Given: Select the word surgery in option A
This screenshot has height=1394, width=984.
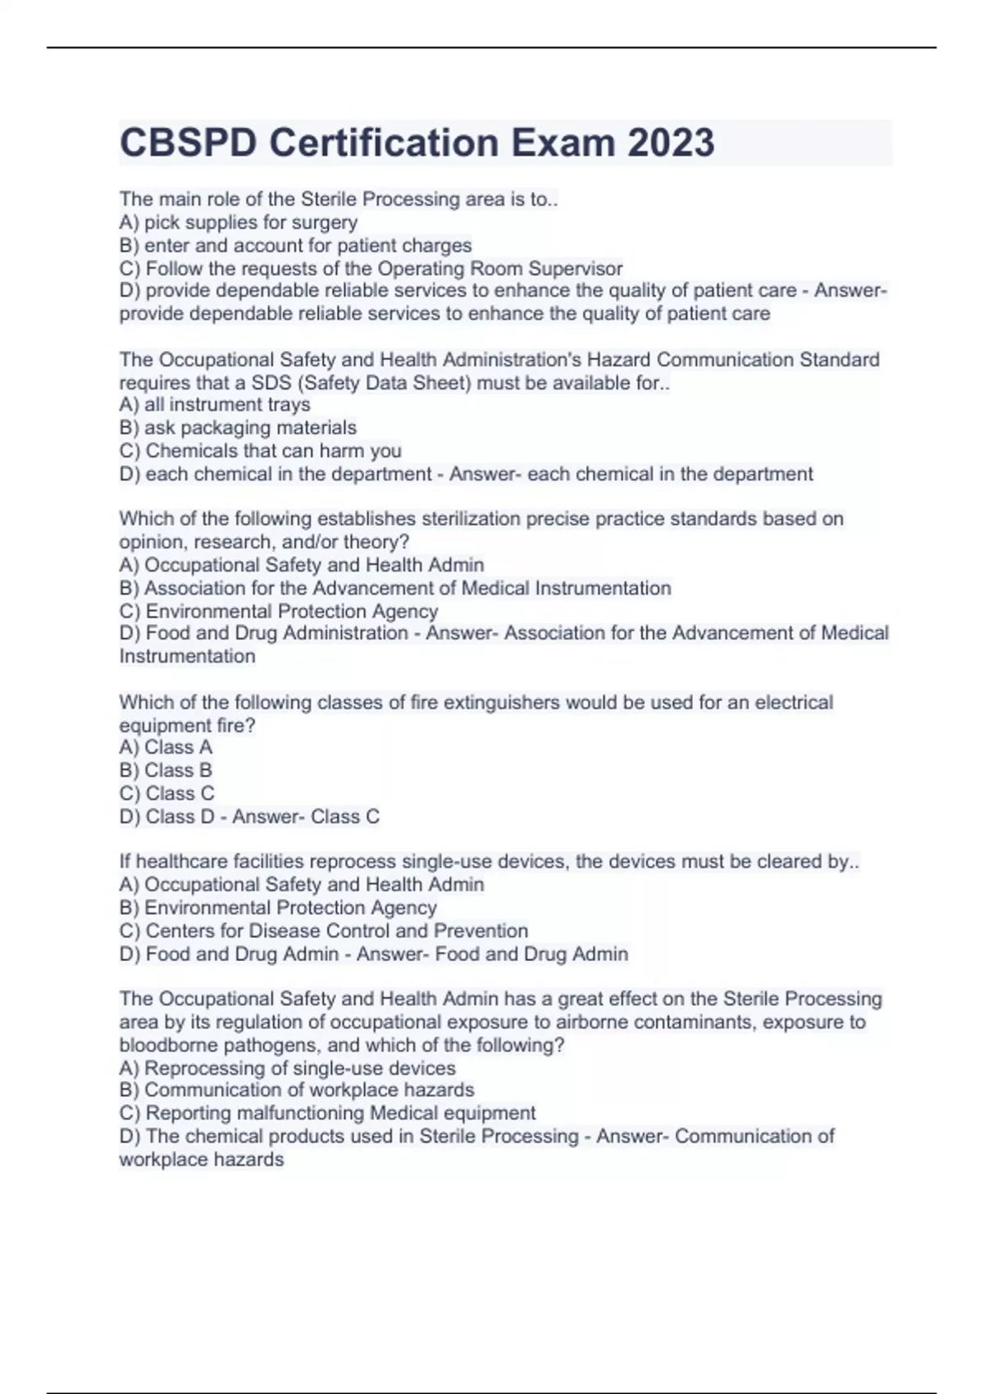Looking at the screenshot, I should [325, 222].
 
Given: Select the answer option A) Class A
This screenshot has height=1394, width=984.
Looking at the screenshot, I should [166, 747].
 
